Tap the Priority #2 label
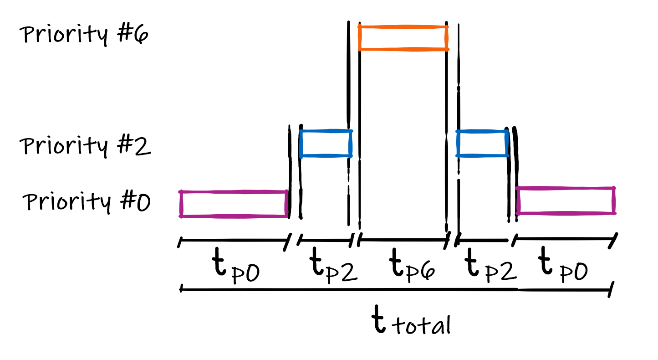coord(85,146)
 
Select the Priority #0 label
coord(87,202)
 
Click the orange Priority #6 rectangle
coord(403,38)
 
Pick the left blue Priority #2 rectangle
coord(326,144)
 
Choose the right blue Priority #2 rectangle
coord(483,144)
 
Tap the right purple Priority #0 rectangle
coord(566,201)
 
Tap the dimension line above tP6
coord(403,239)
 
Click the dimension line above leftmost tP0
coord(235,240)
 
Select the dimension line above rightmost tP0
coord(565,238)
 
